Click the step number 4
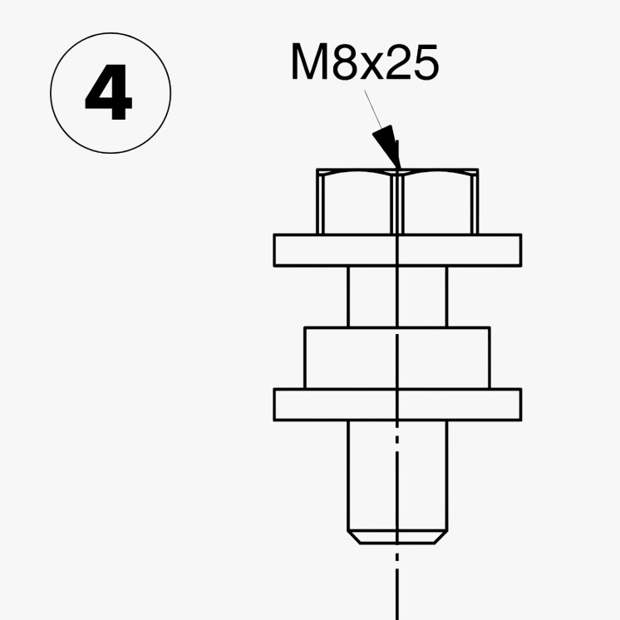(108, 91)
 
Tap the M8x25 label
(365, 62)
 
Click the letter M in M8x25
(310, 62)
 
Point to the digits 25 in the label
(412, 62)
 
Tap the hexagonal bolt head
(397, 202)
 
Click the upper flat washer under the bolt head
(397, 250)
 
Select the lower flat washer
(397, 405)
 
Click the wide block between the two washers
(397, 358)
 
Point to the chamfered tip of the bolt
(397, 538)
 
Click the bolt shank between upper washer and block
(397, 297)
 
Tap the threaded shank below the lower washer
(397, 475)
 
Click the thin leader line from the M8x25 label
(373, 109)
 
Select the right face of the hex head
(437, 204)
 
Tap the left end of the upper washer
(274, 250)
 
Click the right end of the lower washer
(521, 405)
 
